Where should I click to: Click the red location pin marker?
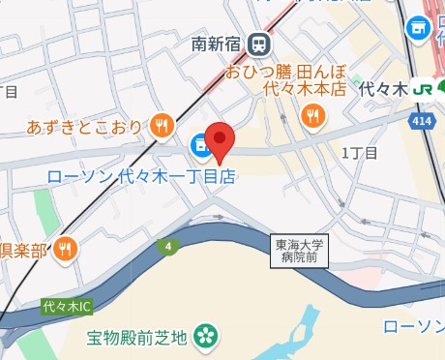coord(222,143)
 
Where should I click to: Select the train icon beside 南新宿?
coord(258,43)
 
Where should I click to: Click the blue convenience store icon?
coord(200,145)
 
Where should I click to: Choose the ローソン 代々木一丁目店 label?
coord(141,176)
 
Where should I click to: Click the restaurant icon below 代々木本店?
coord(312,116)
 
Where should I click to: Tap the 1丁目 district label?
coord(359,152)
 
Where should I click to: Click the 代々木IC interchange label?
coord(67,307)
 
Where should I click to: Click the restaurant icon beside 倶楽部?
coord(65,249)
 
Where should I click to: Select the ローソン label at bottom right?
coord(413,326)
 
